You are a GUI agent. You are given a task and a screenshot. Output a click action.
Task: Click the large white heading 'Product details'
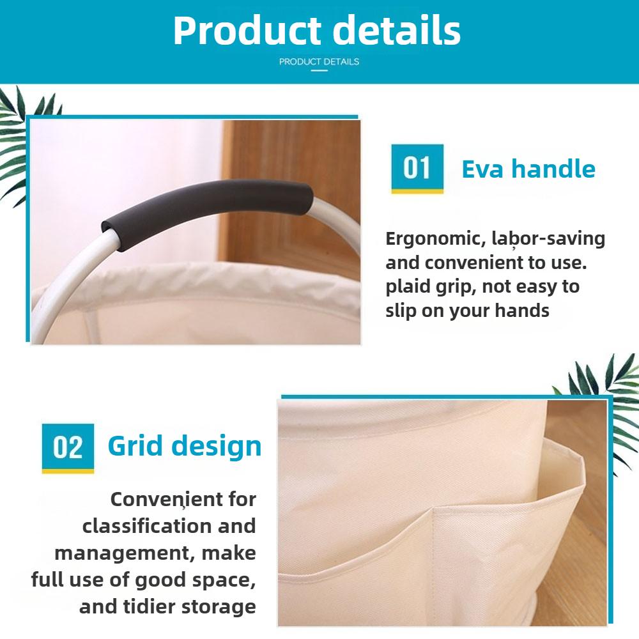click(317, 30)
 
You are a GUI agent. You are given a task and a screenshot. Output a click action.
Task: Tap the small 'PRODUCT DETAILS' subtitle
click(319, 62)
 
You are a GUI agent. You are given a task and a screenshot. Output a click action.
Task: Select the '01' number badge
click(417, 167)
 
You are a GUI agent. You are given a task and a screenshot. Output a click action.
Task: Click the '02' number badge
click(68, 447)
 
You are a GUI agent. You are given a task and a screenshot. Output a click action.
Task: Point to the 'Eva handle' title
click(528, 169)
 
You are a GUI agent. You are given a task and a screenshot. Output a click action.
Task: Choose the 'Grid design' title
click(185, 446)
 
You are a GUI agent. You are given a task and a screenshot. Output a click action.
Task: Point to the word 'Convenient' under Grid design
click(183, 499)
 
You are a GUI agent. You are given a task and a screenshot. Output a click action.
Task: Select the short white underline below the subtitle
click(319, 70)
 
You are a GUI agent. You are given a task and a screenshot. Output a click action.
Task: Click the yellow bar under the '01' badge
click(417, 191)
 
